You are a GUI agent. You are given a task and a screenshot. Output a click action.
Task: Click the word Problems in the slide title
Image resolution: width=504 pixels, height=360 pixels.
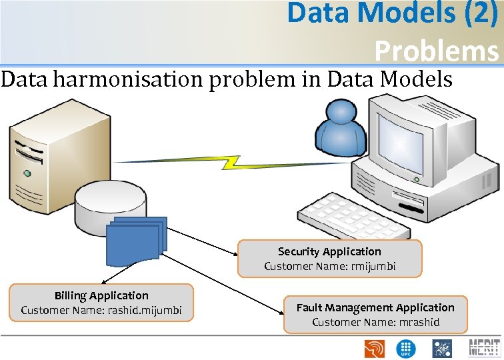point(436,51)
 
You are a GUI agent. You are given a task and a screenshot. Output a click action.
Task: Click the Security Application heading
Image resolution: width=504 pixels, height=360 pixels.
point(329,251)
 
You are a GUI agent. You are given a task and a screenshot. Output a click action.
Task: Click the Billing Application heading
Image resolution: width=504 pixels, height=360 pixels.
point(101,295)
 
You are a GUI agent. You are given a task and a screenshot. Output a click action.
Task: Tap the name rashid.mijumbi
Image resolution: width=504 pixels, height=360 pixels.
point(142,310)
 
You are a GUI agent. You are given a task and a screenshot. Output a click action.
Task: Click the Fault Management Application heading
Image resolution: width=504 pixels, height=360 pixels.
point(375,307)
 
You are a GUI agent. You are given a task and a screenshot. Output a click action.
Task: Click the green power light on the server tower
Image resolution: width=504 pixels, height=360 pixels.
point(27,173)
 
